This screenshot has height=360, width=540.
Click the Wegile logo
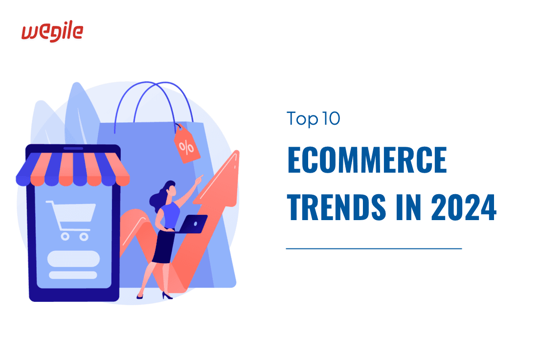point(52,32)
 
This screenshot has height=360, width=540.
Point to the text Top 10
point(313,119)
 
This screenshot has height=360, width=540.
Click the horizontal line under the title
point(374,248)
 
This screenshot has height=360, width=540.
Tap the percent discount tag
point(186,145)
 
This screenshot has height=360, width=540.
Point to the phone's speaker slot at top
point(73,148)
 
